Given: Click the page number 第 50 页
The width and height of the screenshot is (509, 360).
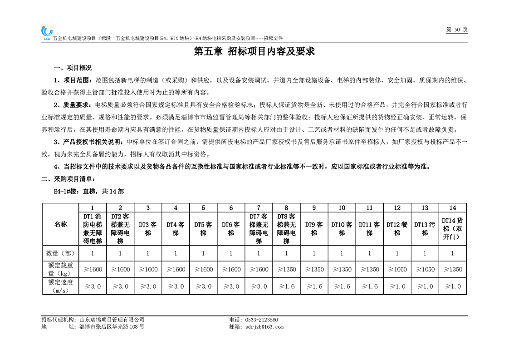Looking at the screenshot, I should coord(457,30).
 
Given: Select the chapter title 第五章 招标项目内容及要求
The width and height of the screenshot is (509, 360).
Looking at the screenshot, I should coord(254,51).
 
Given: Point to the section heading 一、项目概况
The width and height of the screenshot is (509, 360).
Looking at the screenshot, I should coord(73,68).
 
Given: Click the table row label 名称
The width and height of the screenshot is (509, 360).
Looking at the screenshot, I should coord(60,225).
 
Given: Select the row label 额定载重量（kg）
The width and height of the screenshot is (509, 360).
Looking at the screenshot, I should coord(60,270).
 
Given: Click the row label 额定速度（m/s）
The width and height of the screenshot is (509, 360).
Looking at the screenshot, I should coord(60,286).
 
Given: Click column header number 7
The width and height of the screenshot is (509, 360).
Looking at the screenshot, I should coord(259,208).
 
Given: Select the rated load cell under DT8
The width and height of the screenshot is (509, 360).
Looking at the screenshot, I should coord(286,270).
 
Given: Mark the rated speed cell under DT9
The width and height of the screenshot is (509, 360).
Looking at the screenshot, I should coord(314,286).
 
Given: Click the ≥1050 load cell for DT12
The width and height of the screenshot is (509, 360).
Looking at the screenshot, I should coord(397,270).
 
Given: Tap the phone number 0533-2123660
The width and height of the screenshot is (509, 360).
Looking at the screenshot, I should coord(261,320).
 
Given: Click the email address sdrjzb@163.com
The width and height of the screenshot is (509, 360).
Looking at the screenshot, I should coord(263,327).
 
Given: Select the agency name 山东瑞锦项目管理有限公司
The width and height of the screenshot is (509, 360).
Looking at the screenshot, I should coord(112,320).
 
